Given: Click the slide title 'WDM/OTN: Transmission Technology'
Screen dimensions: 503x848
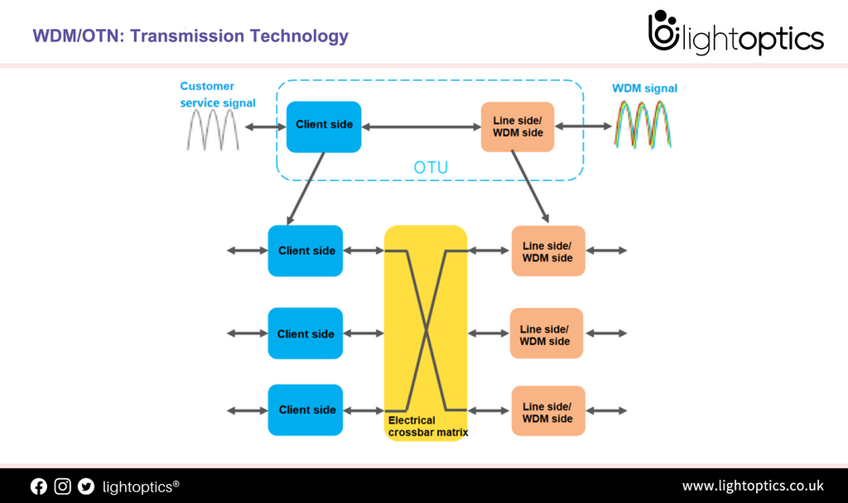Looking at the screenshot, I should coord(190,36).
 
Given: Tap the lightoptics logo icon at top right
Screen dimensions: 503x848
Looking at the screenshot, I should coord(663,32).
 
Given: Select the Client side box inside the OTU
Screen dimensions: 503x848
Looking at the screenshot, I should coord(324,126).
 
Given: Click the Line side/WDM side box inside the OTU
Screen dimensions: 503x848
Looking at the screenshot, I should coord(518,127).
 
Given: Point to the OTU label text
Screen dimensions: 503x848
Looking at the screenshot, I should coord(431,168).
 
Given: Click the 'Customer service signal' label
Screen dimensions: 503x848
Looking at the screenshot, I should coord(217,94).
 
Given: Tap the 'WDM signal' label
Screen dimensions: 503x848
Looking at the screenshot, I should coord(644,89).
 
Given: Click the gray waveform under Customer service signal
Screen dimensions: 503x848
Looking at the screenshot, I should coord(213,129).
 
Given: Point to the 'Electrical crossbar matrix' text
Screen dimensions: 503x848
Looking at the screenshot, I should coord(427,426).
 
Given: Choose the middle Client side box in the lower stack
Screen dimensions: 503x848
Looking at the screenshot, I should coord(305,333).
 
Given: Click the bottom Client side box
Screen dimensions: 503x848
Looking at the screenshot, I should coord(305,410).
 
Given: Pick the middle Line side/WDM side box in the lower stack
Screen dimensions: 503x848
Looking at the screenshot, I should coord(546,334).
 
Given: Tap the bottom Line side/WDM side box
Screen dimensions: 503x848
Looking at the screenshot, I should coord(547,411).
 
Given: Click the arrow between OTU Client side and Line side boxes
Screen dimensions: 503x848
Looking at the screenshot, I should coord(421,127).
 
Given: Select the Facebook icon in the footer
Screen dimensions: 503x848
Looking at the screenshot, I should coord(39,486).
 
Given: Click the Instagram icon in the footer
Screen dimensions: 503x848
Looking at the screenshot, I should coord(63,486).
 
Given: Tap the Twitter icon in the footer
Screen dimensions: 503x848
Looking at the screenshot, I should coord(86,486).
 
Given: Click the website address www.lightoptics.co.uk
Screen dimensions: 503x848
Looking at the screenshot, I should coord(752,486).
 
